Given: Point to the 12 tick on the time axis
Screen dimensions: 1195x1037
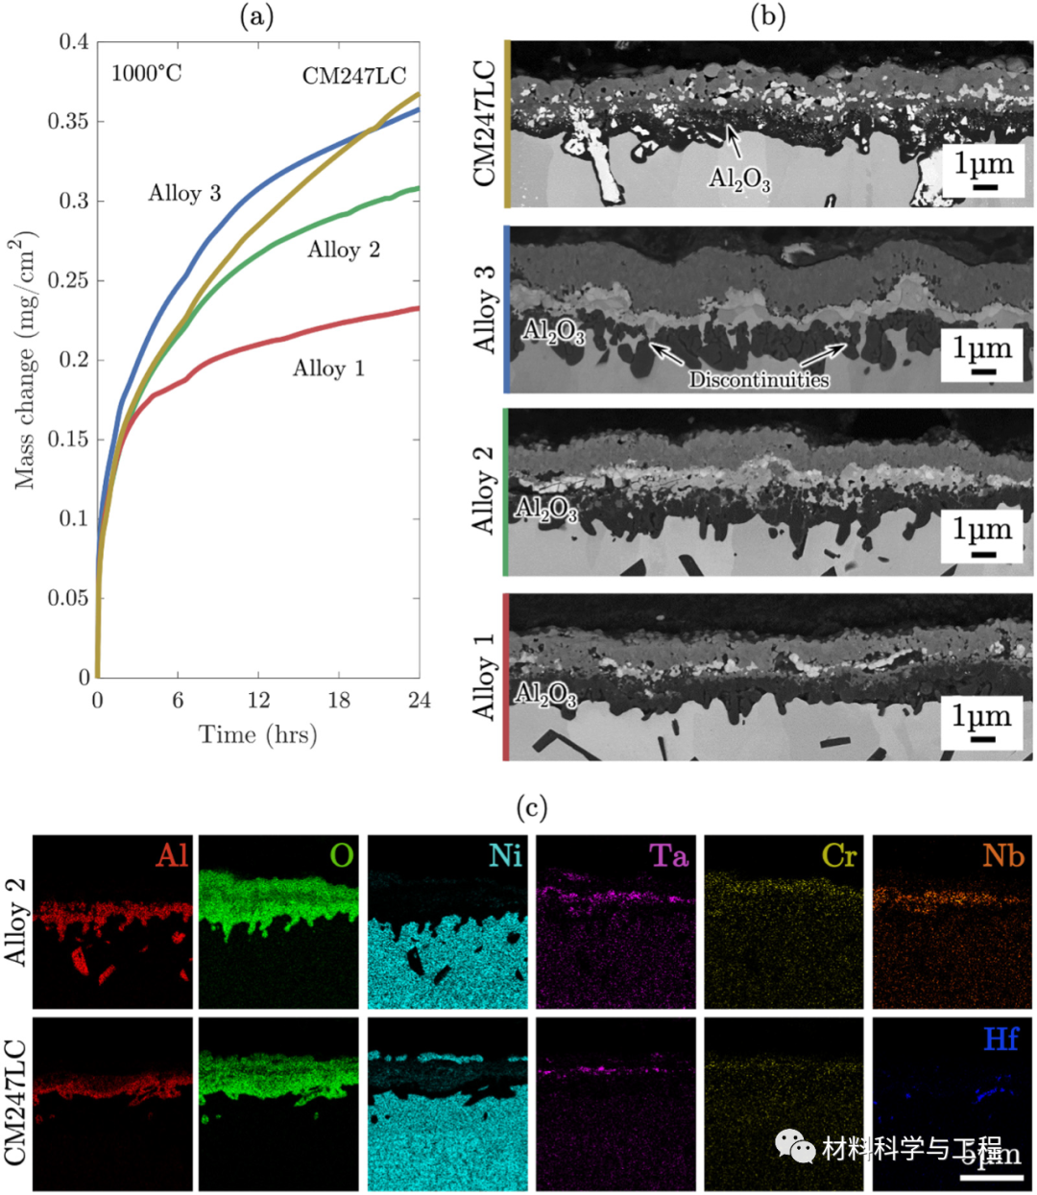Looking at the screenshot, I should (x=258, y=701).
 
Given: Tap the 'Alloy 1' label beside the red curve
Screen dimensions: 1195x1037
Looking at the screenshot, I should (x=328, y=369).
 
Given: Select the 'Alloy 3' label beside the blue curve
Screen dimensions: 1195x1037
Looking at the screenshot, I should (x=184, y=194).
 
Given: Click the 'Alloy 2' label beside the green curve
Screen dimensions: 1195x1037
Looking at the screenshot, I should (x=344, y=251).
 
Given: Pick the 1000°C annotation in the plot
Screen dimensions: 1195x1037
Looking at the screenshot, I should (x=146, y=73).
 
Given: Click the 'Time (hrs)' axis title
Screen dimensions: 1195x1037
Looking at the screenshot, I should (x=257, y=735).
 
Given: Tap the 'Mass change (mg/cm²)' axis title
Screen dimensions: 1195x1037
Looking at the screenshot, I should (x=26, y=360).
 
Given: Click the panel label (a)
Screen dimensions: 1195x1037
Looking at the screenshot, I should (x=256, y=17).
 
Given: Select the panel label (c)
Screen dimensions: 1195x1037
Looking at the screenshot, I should (x=531, y=808).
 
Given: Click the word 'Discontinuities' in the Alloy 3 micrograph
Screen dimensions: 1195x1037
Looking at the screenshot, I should (x=759, y=380).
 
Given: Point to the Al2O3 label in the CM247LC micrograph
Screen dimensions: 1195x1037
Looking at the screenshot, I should (x=739, y=179).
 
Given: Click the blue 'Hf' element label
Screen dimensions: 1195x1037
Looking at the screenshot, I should (x=1001, y=1039).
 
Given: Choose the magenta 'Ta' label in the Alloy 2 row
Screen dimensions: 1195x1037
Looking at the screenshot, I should (x=668, y=855).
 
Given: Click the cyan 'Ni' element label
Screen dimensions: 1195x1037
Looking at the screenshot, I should (x=505, y=855).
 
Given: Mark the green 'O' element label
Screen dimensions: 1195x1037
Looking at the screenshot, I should (x=342, y=855).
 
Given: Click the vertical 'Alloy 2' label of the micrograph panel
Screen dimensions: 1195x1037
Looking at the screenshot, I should (x=483, y=490).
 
